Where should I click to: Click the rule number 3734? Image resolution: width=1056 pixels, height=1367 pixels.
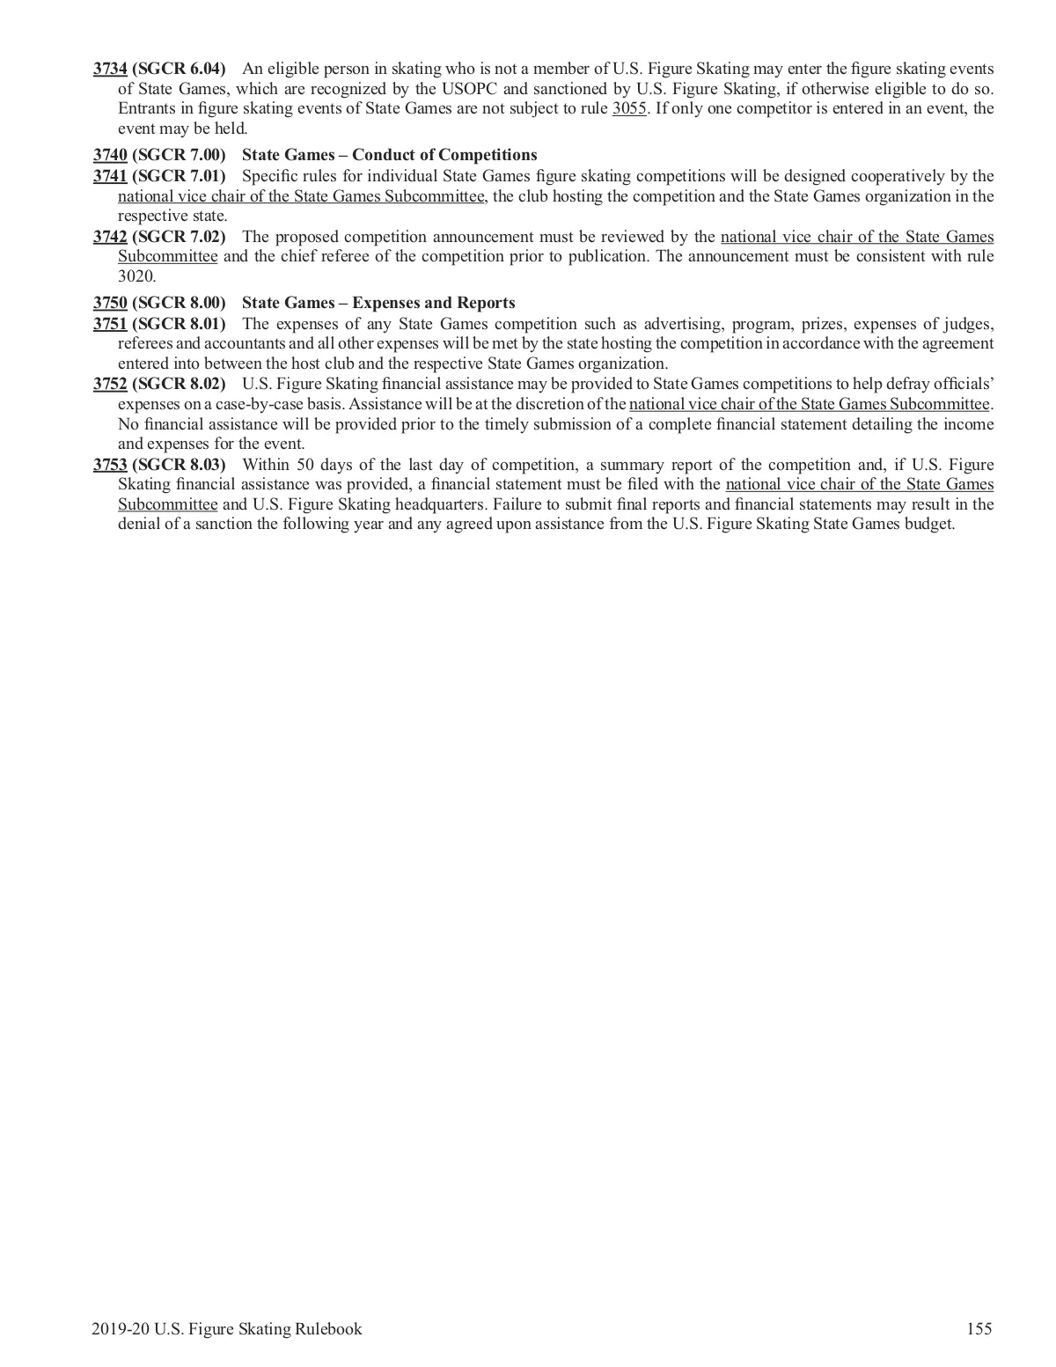pos(110,69)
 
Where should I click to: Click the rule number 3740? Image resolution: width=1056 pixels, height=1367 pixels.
pos(110,156)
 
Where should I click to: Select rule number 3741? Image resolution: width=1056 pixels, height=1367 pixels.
pos(110,176)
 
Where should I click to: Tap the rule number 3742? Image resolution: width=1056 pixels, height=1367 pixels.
pos(110,237)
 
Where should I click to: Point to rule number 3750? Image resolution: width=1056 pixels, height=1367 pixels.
pos(110,303)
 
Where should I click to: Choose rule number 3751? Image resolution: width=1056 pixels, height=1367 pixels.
pos(110,323)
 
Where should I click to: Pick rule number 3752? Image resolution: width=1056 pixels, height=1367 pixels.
pos(110,384)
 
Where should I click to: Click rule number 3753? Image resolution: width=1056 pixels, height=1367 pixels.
pos(110,465)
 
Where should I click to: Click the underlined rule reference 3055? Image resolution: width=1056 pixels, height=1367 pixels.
pos(629,109)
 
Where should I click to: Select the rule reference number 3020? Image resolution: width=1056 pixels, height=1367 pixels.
pos(136,276)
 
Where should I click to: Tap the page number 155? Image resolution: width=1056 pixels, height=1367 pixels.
pos(979,1329)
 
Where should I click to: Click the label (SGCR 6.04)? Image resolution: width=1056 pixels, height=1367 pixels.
pos(179,69)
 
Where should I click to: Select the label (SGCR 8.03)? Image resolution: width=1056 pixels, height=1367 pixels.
pos(179,465)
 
